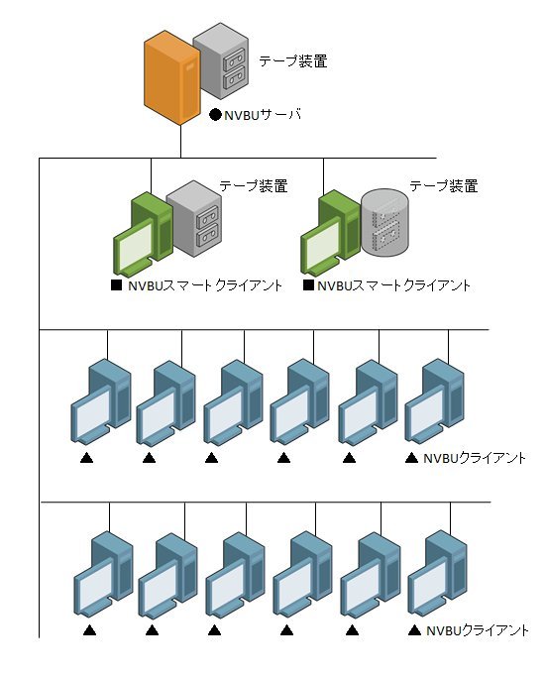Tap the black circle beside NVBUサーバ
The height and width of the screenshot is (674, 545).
click(x=215, y=115)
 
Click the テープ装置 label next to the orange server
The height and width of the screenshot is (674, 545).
click(x=293, y=61)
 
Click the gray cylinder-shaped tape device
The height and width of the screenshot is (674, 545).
click(x=384, y=224)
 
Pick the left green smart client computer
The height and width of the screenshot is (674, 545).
click(x=144, y=234)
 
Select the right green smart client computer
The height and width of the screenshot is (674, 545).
click(x=331, y=234)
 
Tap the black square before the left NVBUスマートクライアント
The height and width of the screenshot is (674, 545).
click(x=116, y=285)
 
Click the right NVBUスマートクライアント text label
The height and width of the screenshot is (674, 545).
click(x=393, y=285)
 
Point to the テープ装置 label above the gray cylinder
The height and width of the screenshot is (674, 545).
click(x=444, y=186)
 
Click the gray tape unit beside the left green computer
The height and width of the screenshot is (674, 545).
click(x=194, y=218)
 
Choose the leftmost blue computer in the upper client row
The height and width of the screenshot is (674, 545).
click(x=101, y=401)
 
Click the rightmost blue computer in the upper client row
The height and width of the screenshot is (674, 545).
click(x=435, y=401)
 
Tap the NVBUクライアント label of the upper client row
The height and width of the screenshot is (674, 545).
click(x=475, y=458)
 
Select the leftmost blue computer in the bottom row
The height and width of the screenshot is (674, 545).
click(x=104, y=574)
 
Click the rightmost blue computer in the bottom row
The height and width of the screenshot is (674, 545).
click(x=438, y=574)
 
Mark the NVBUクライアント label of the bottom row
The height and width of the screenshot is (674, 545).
click(x=477, y=630)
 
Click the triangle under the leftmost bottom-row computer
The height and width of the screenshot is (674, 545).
click(x=89, y=630)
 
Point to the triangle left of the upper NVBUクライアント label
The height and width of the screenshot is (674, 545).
click(x=412, y=458)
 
